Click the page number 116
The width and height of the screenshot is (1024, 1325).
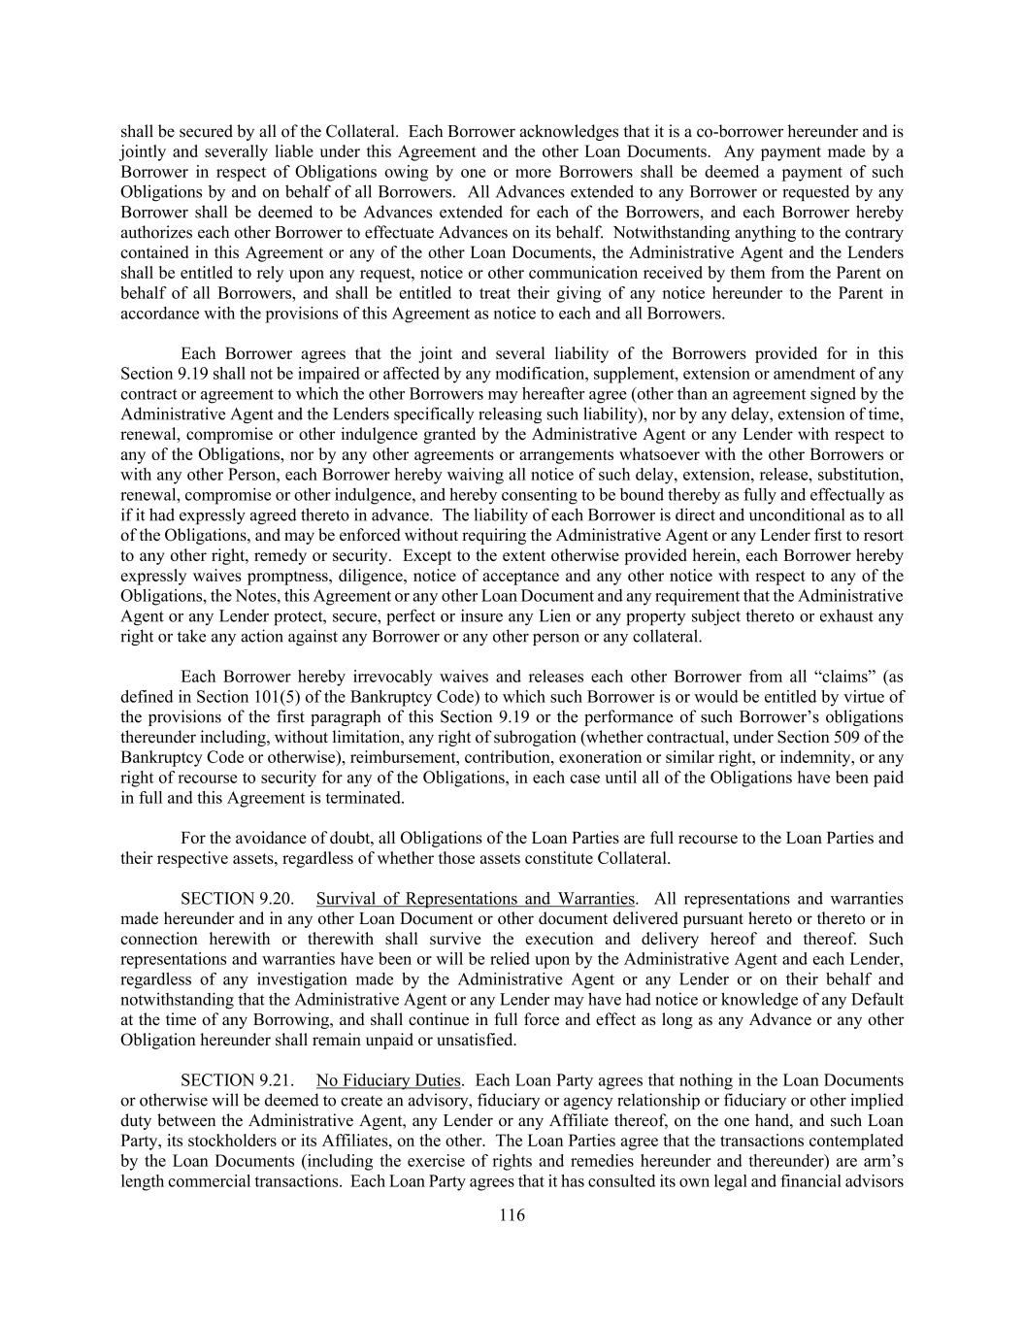pos(512,1215)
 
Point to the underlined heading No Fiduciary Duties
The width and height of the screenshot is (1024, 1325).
pos(388,1080)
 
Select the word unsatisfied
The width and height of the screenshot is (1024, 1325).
pos(477,1040)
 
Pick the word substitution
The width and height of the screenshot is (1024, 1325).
pos(862,475)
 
